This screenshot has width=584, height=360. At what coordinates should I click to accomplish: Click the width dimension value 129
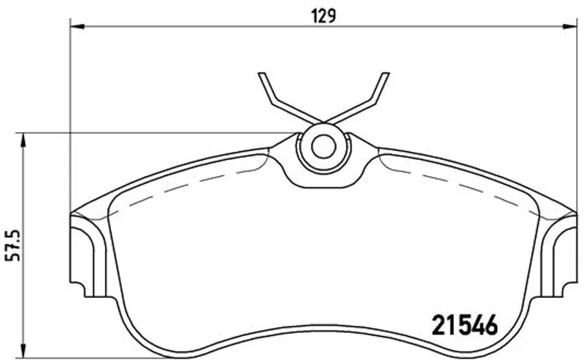[323, 16]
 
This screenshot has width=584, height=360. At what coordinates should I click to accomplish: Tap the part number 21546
[464, 326]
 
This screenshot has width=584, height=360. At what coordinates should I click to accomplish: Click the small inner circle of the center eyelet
[323, 147]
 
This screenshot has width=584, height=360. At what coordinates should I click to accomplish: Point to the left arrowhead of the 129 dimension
[78, 26]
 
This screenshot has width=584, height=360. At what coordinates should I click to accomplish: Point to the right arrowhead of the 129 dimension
[569, 26]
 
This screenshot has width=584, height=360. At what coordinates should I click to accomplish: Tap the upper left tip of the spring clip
[261, 74]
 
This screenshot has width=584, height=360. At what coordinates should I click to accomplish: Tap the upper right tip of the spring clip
[386, 74]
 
